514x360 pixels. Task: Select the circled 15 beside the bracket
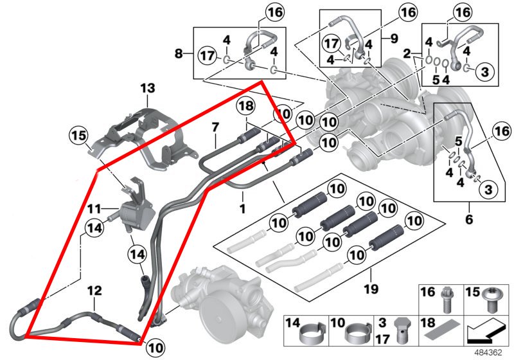[x=78, y=136]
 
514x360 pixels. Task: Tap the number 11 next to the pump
[x=94, y=209]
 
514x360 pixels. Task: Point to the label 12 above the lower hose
[x=94, y=291]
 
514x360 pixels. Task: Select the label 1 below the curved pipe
[x=242, y=209]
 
